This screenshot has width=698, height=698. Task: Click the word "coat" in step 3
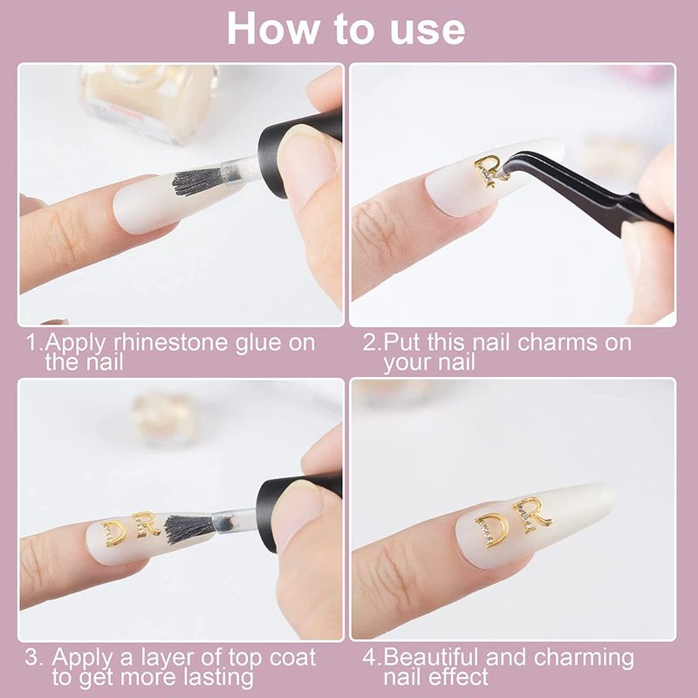click(292, 658)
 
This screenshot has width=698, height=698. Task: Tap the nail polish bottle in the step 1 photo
click(147, 102)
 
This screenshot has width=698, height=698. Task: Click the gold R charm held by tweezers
click(490, 169)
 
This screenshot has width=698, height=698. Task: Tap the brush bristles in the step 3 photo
click(190, 529)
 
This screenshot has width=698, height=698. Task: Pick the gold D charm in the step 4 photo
click(492, 530)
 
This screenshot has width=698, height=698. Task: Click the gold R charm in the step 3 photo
click(145, 524)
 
